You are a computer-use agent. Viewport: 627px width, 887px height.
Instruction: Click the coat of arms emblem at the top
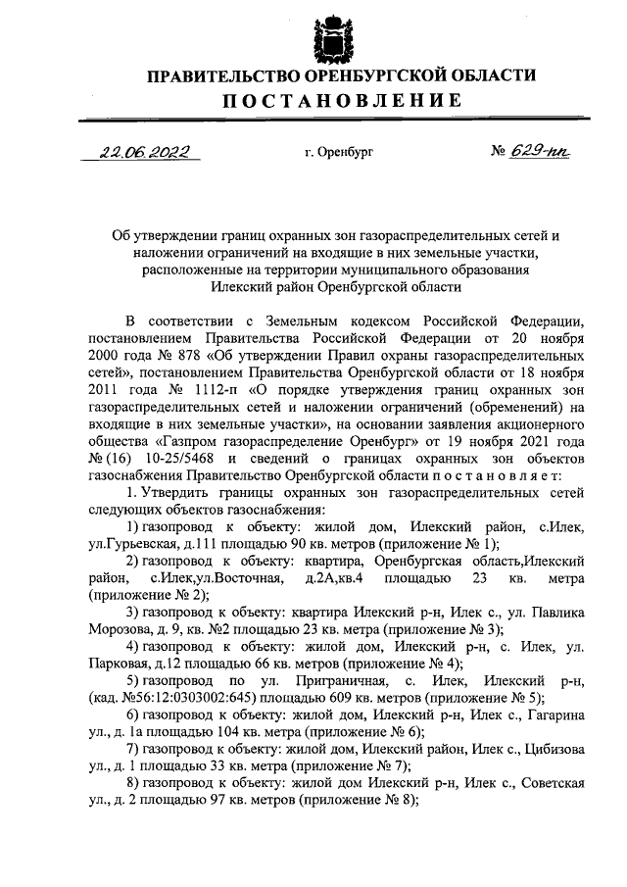coord(330,38)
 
